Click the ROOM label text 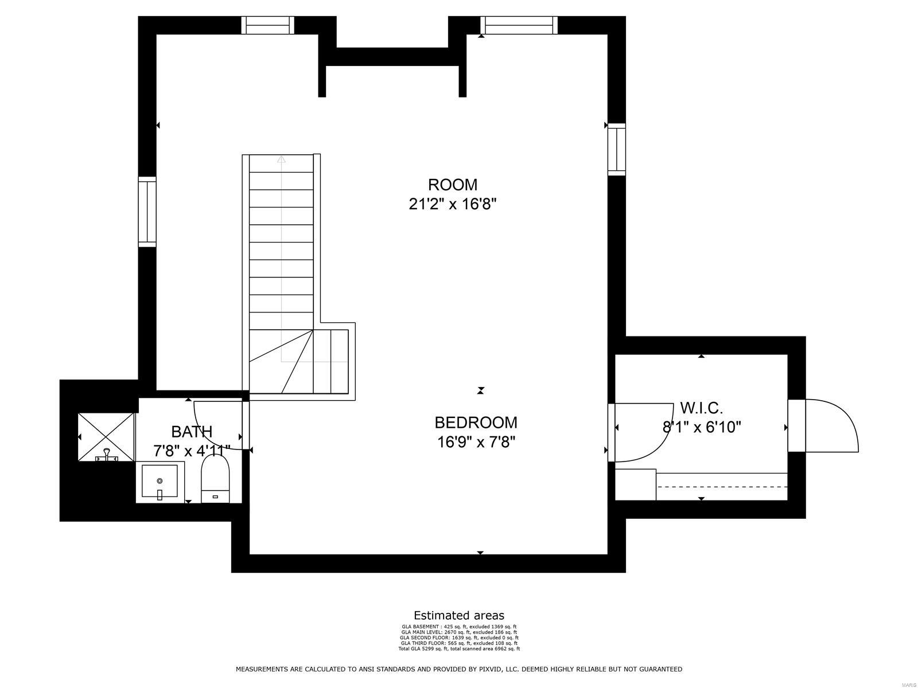(x=453, y=185)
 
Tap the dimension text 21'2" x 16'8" (x=453, y=204)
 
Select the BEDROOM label (x=476, y=423)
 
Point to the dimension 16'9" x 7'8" (x=476, y=442)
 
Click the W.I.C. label (x=701, y=408)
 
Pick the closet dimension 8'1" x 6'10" (x=702, y=427)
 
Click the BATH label (x=192, y=432)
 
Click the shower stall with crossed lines (x=106, y=436)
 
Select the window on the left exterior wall (x=147, y=212)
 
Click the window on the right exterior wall (x=617, y=149)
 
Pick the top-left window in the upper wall (x=267, y=25)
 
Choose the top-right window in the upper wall (x=519, y=25)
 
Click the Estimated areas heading (x=459, y=616)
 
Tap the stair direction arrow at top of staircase (x=281, y=160)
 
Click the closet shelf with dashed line (x=722, y=486)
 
